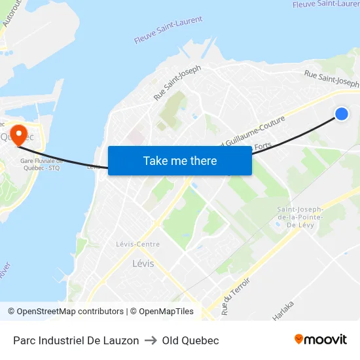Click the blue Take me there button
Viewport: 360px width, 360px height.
(180, 160)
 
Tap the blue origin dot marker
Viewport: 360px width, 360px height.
(341, 114)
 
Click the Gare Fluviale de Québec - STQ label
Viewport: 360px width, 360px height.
(40, 164)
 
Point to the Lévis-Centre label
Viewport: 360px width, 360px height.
(137, 244)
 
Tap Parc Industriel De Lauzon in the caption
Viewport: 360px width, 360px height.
(76, 340)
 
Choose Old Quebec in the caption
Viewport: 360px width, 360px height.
(190, 340)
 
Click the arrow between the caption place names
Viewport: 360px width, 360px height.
(151, 340)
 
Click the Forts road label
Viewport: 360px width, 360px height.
(262, 147)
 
